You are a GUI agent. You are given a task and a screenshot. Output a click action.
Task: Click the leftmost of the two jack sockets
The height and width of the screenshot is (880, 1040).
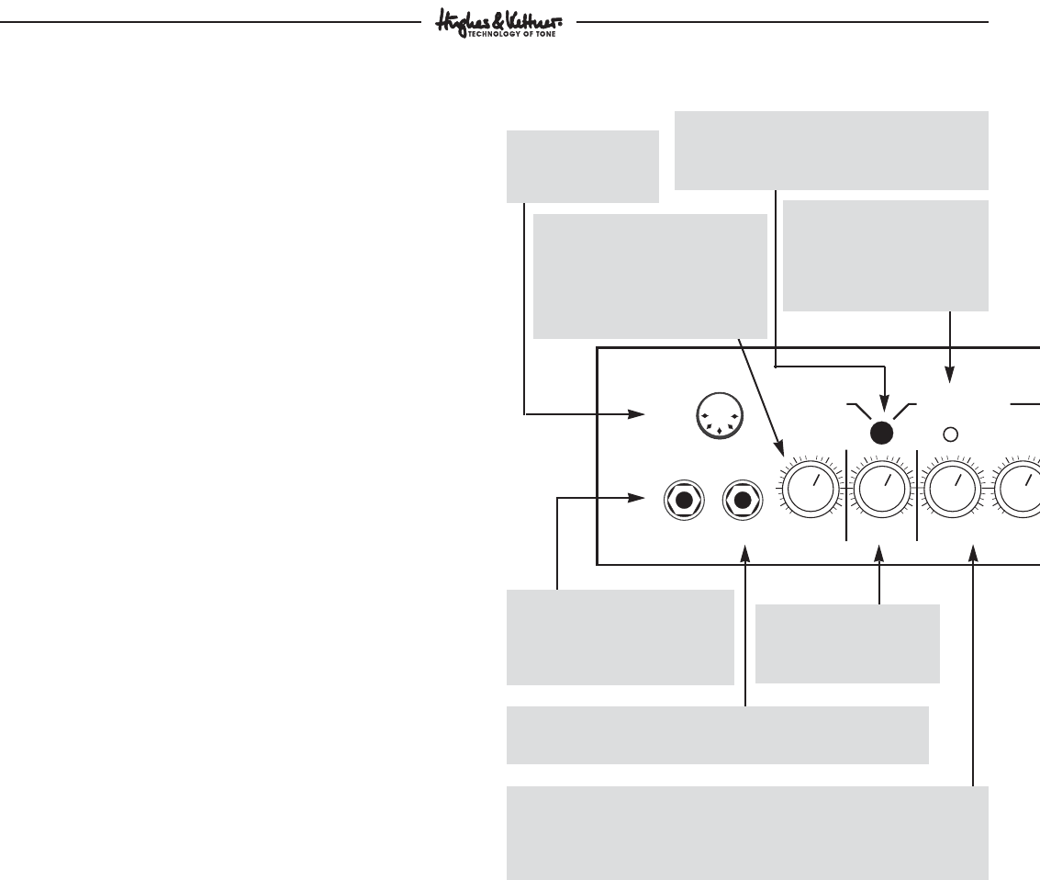point(683,501)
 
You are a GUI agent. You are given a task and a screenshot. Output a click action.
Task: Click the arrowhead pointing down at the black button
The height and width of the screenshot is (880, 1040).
point(883,405)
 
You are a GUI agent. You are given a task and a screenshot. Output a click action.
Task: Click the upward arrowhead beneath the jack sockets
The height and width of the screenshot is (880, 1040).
point(745,554)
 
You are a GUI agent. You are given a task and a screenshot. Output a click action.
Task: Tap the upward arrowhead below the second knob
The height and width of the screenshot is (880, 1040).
point(879,554)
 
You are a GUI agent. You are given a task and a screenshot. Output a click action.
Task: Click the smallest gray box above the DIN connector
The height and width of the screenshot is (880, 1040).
point(583,166)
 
